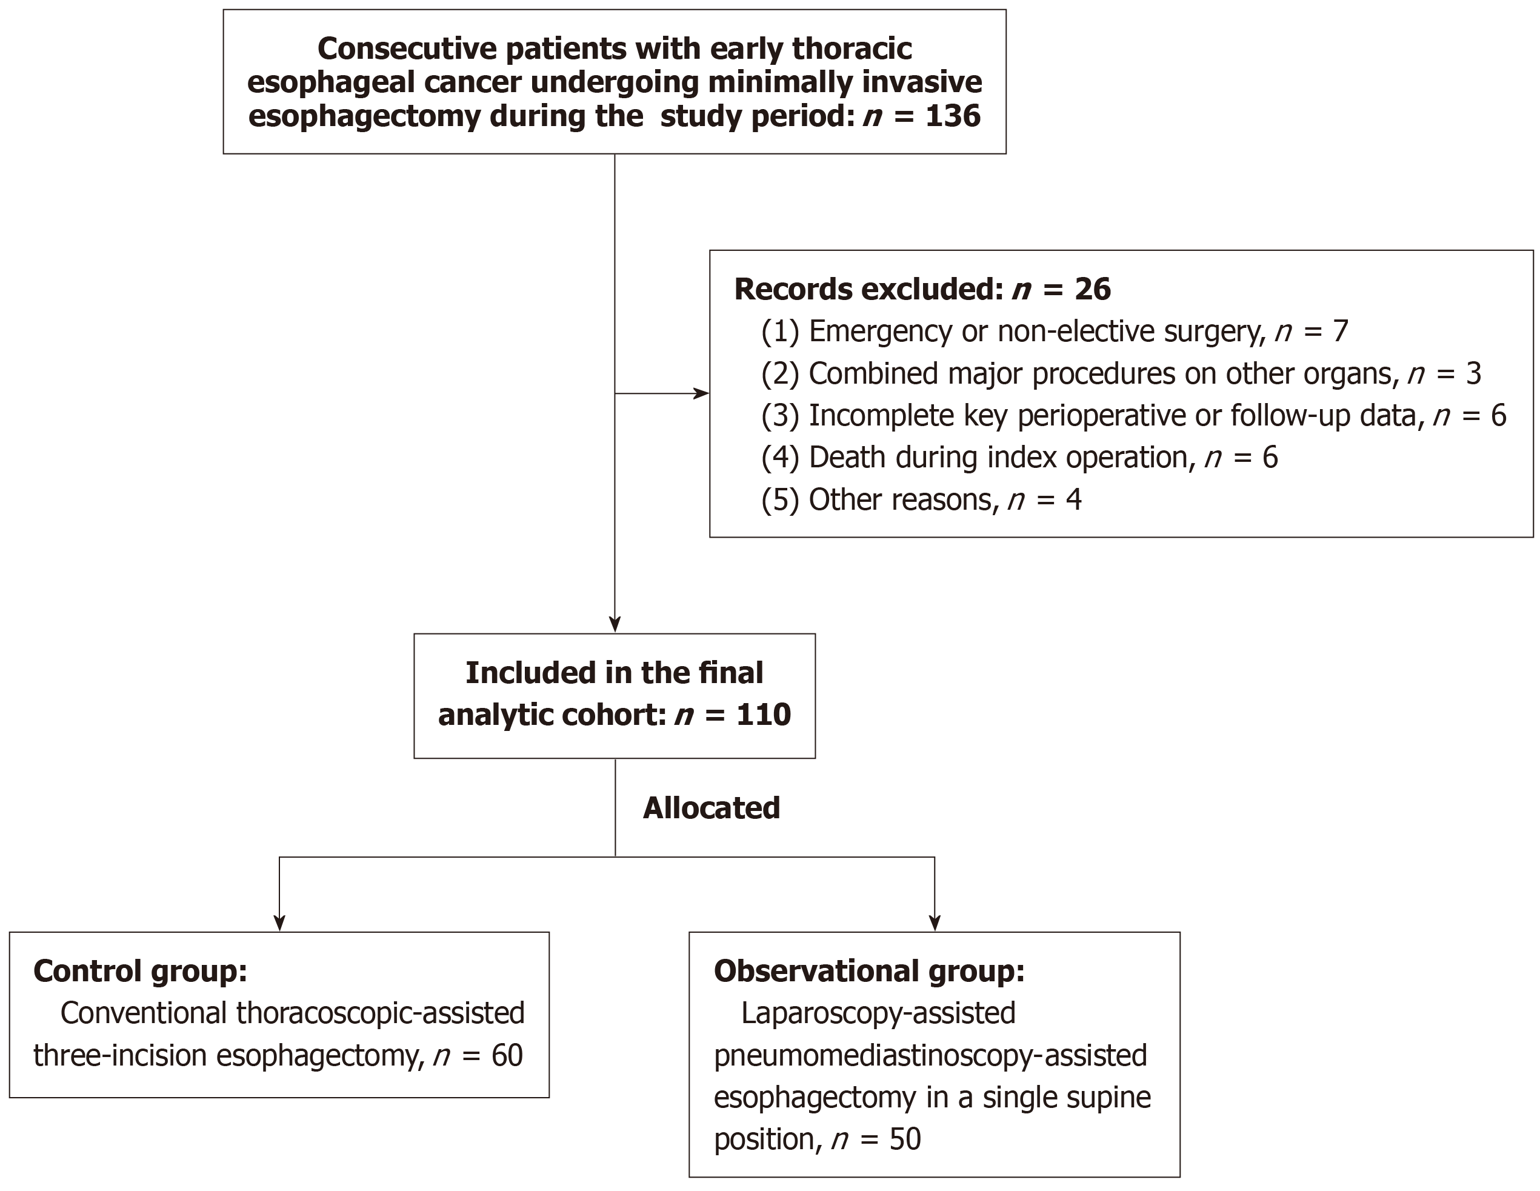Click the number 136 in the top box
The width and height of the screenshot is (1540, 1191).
coord(953,116)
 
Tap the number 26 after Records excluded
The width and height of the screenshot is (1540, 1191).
coord(1093,289)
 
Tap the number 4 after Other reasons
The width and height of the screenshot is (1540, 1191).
coord(1073,499)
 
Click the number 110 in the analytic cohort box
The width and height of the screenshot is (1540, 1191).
coord(764,715)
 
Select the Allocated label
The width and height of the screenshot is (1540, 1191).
coord(712,807)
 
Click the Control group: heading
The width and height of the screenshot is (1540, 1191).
coord(141,971)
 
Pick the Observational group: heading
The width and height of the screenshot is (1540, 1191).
coord(868,971)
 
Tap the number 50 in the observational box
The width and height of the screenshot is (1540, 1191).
coord(905,1139)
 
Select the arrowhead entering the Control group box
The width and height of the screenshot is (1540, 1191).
coord(279,923)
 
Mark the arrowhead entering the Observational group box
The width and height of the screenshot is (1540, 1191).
coord(935,923)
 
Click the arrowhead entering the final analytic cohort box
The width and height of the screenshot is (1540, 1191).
coord(615,625)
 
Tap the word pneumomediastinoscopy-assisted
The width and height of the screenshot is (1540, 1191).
coord(930,1056)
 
